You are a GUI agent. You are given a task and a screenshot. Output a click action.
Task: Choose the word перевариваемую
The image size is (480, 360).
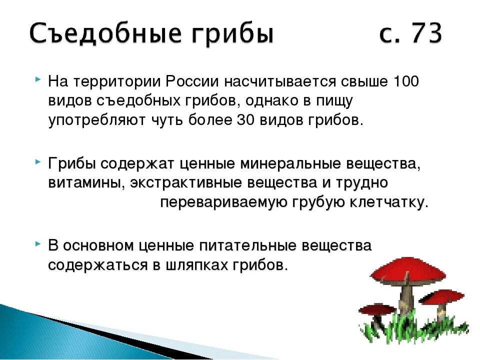pos(223,202)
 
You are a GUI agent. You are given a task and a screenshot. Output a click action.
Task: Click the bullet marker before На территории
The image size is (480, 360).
pos(38,79)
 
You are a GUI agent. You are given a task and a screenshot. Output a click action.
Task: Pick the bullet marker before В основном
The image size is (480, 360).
pos(38,243)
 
